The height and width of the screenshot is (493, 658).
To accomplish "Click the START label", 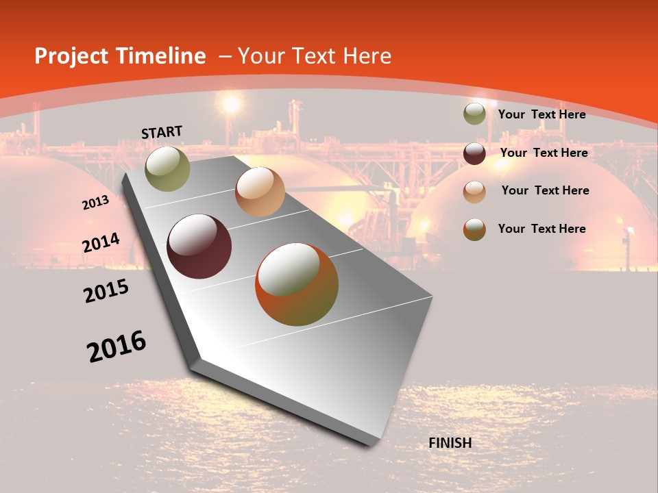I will click(162, 132).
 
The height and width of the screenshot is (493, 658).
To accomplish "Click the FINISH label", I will click(450, 443).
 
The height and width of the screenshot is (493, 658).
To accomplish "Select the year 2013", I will click(95, 203).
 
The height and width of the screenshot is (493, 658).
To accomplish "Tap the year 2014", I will click(101, 243).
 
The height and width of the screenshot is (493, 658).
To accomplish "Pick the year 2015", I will click(106, 291).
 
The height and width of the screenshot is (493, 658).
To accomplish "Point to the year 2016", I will click(117, 346).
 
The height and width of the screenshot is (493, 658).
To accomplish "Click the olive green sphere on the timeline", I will click(168, 168).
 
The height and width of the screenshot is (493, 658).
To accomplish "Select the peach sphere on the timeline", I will click(260, 192).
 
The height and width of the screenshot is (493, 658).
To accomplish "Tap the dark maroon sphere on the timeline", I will click(199, 246).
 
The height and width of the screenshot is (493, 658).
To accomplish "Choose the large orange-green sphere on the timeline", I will click(297, 284).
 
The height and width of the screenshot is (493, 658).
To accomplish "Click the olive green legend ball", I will click(474, 114).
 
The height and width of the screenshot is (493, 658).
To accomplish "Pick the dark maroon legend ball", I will click(474, 153).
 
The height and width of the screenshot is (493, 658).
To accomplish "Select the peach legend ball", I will click(474, 191).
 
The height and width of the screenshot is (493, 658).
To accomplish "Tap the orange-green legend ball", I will click(474, 229).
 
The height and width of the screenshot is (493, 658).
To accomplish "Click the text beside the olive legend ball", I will click(541, 114).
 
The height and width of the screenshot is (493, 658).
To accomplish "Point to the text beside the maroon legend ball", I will click(544, 153).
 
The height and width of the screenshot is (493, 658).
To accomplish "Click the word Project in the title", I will click(72, 56).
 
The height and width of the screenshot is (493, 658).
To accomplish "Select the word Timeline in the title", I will click(161, 56).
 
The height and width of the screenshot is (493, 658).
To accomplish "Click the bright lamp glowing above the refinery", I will click(232, 104).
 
